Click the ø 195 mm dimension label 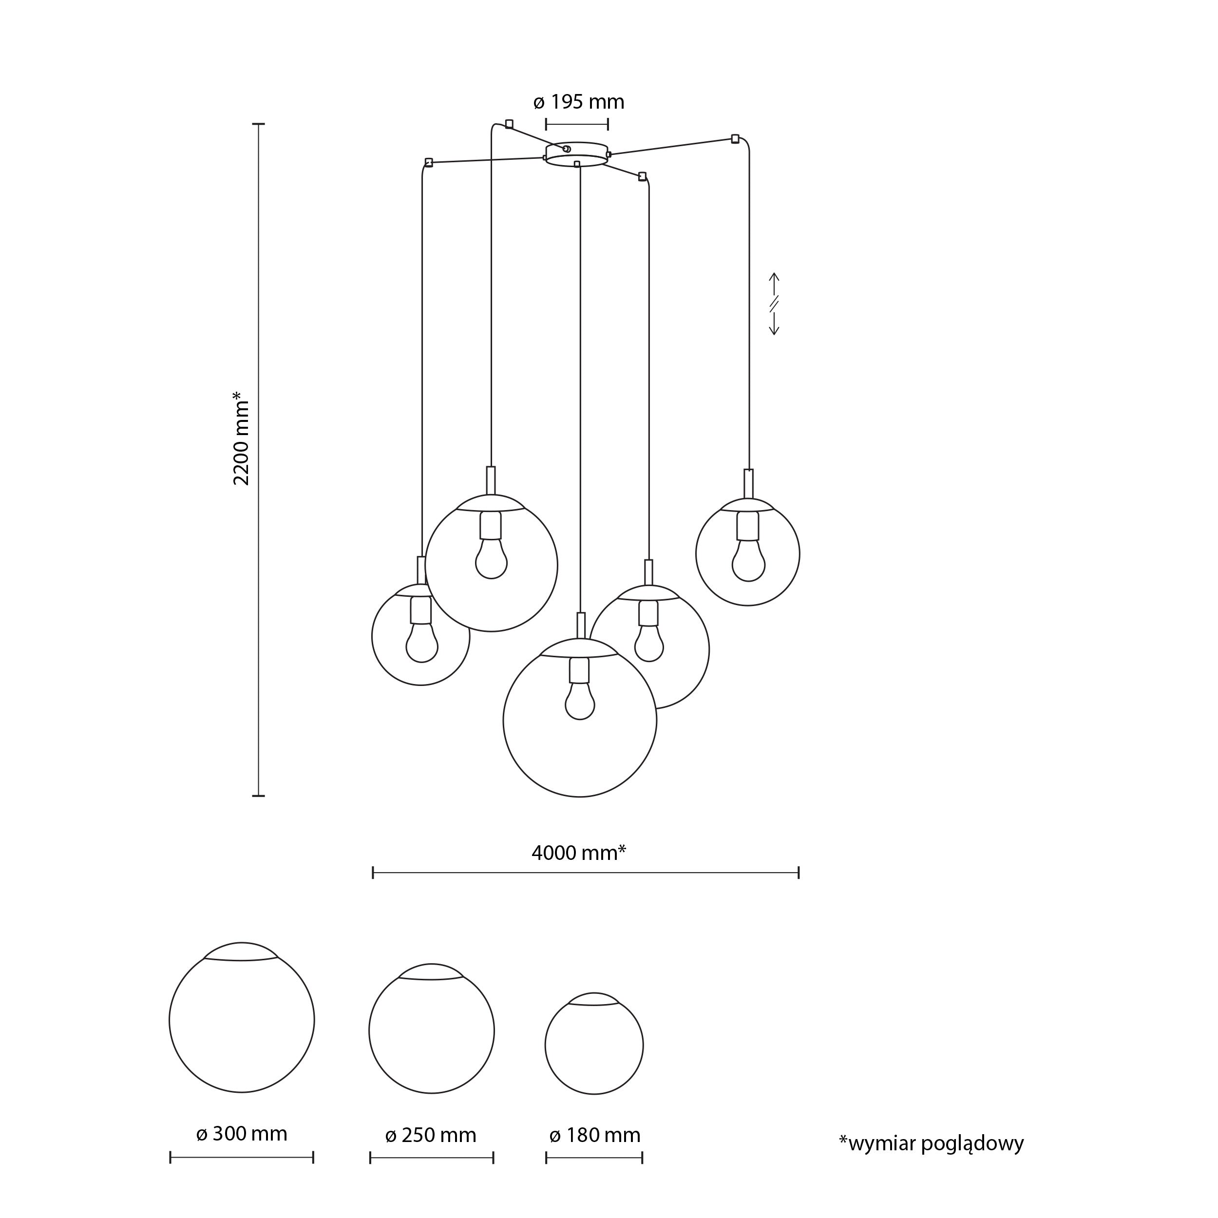(x=578, y=102)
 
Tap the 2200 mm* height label (x=242, y=438)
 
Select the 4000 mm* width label (x=578, y=853)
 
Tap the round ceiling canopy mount (x=576, y=154)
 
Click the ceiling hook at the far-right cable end (x=735, y=139)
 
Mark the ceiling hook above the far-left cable (x=429, y=162)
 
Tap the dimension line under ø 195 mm (x=577, y=124)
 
